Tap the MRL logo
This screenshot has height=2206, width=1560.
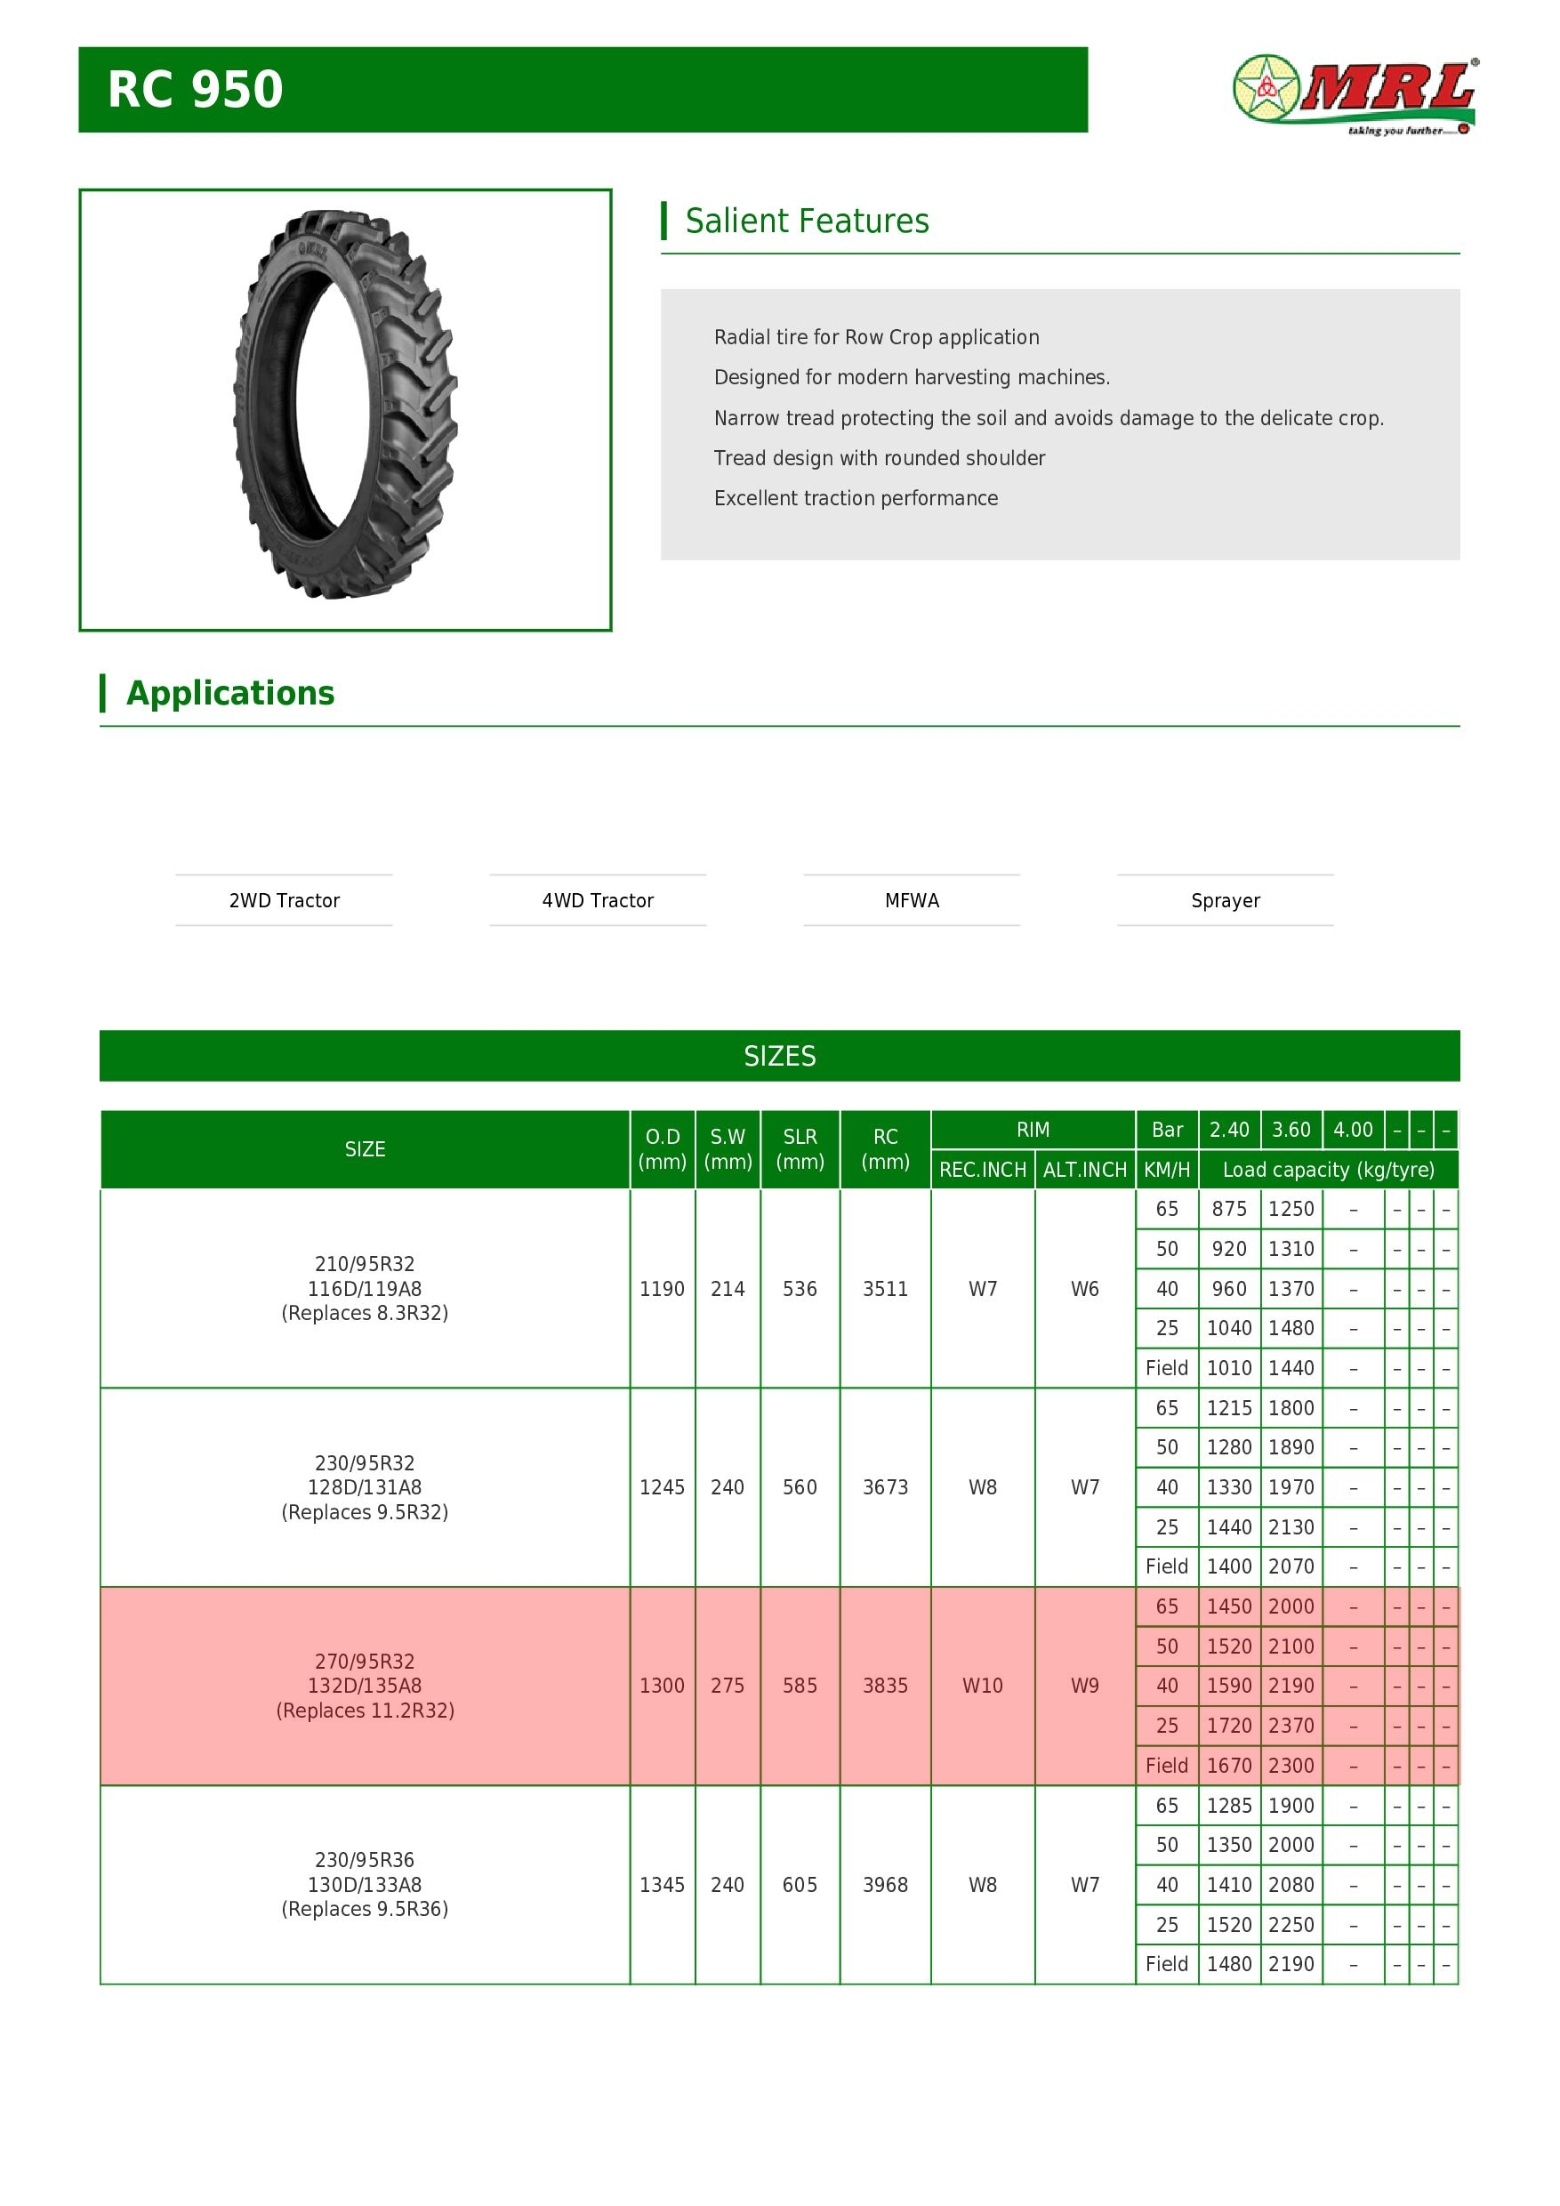(x=1355, y=95)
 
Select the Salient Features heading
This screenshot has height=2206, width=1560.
(x=807, y=221)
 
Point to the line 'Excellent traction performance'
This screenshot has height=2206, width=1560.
(x=855, y=498)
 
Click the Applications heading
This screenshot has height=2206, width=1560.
(x=230, y=693)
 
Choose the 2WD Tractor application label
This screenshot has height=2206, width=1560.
(x=285, y=900)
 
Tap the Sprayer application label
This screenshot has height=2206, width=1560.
(x=1225, y=900)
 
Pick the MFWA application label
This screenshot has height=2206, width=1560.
(x=912, y=900)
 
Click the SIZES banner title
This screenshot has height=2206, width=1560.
(x=779, y=1056)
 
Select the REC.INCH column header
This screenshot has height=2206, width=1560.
(x=982, y=1170)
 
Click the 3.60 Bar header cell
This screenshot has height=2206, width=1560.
(x=1291, y=1129)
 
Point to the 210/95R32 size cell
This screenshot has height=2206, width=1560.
(x=364, y=1288)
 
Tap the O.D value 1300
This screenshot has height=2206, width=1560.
(x=662, y=1686)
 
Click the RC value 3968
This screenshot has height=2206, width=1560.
(x=885, y=1884)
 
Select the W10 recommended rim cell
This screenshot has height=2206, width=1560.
(x=982, y=1686)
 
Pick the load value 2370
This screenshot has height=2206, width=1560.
(x=1291, y=1725)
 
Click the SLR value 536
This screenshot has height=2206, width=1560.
(x=800, y=1288)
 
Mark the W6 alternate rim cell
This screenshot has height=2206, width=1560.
(x=1084, y=1288)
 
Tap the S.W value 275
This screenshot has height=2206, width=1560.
(x=728, y=1686)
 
